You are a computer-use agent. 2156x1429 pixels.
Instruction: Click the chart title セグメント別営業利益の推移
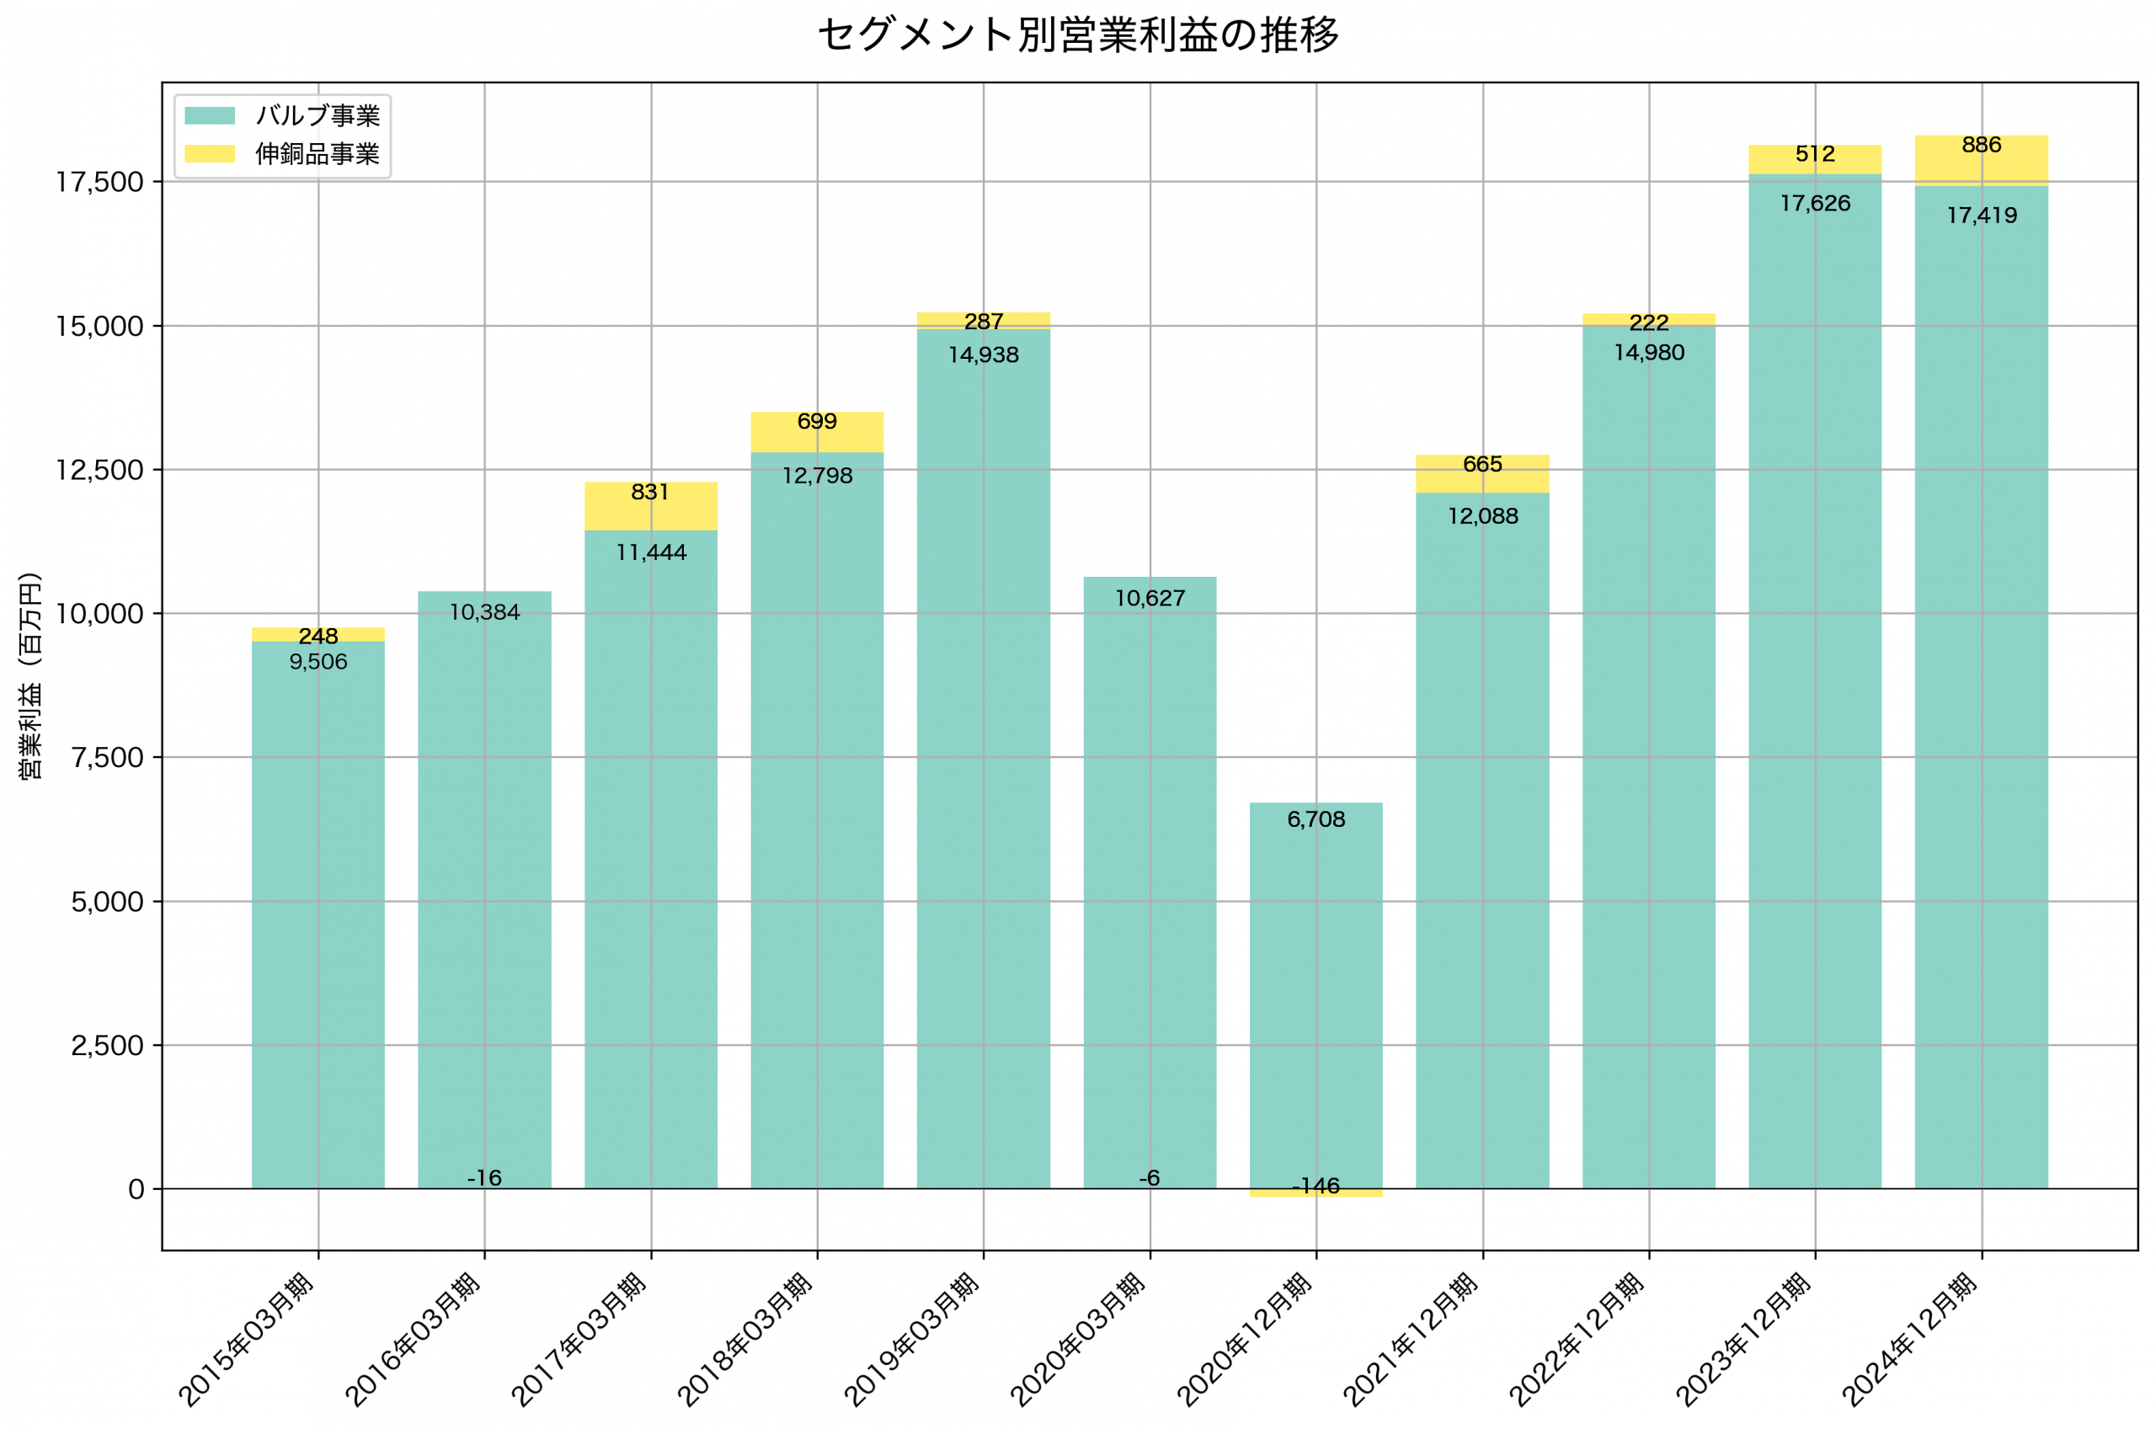point(1078,35)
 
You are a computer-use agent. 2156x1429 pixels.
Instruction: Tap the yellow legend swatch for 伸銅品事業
point(210,154)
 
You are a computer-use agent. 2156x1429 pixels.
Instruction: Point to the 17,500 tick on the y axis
point(99,182)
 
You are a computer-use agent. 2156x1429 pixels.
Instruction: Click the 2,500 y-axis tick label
point(107,1045)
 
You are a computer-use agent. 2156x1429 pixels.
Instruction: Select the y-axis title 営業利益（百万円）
point(30,675)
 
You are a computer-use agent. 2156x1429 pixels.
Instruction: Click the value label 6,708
point(1315,819)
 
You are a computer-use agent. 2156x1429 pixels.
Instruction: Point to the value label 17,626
point(1815,203)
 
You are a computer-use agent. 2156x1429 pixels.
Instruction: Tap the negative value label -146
point(1315,1186)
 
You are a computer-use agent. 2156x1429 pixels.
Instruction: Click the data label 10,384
point(485,612)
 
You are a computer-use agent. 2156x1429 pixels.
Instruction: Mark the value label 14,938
point(983,355)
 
